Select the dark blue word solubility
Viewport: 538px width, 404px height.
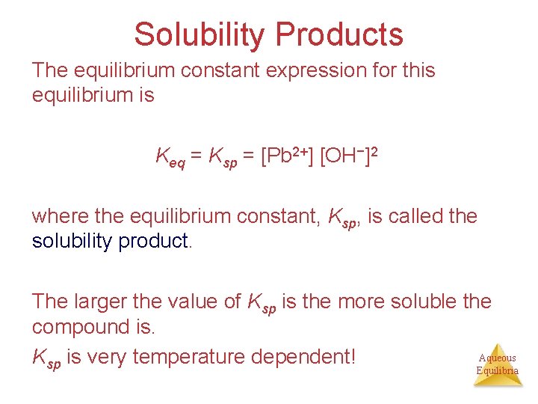72,242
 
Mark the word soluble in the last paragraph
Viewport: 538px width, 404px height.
404,302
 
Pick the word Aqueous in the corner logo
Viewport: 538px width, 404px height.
497,358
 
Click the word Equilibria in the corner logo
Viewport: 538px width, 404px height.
497,370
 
